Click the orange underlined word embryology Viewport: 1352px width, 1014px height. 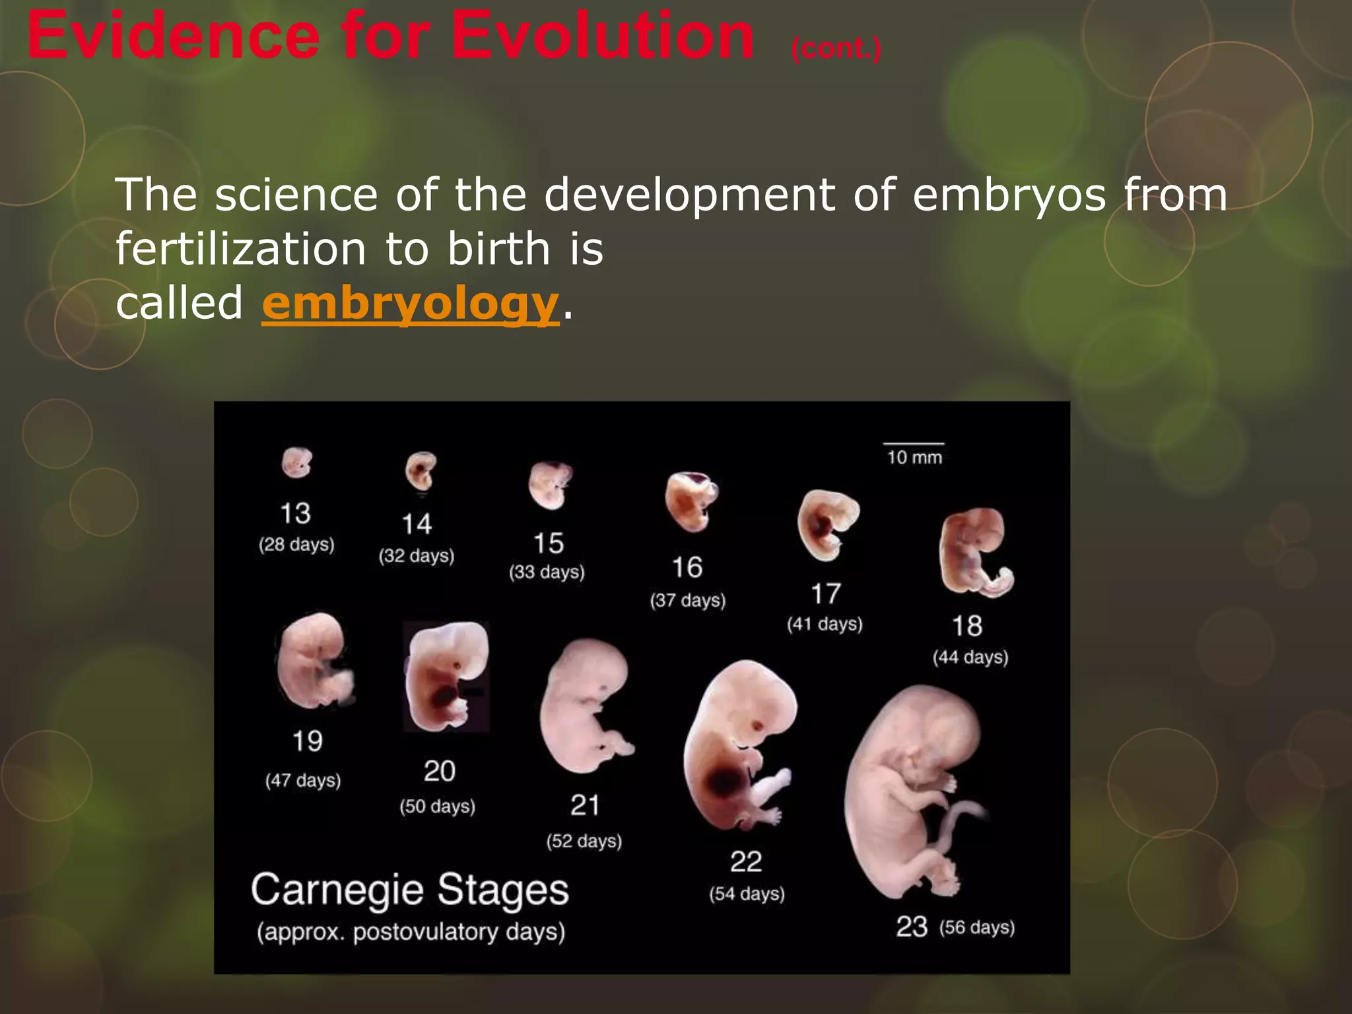tap(410, 304)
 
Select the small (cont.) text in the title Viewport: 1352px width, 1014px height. tap(836, 48)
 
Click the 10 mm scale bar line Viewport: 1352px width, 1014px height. tap(914, 444)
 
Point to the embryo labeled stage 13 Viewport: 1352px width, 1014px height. tap(296, 462)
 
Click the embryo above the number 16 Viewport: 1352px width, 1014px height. tap(691, 502)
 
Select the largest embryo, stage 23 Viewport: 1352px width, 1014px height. tap(914, 792)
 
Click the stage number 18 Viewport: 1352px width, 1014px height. tap(967, 626)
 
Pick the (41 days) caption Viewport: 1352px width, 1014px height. tap(825, 624)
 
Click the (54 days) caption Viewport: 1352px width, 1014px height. tap(747, 894)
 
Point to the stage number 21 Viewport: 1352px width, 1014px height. tap(585, 805)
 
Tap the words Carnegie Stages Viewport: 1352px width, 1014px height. tap(409, 889)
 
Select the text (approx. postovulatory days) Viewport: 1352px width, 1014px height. tap(411, 932)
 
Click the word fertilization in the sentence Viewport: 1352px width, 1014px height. tap(240, 249)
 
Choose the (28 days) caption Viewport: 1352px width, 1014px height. tap(296, 545)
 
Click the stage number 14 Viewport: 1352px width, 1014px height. tap(417, 524)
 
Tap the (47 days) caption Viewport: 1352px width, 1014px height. tap(303, 780)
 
